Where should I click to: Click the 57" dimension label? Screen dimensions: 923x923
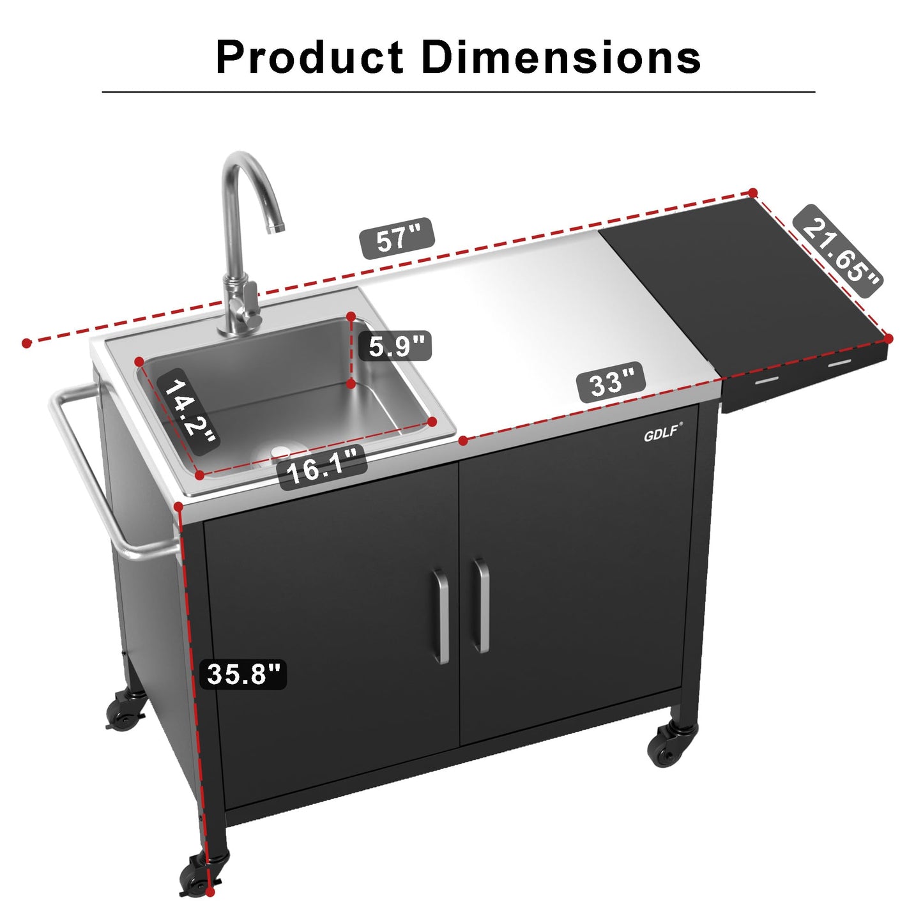pos(398,239)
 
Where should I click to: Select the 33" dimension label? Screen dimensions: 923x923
pos(611,383)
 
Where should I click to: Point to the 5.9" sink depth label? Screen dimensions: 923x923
pos(396,346)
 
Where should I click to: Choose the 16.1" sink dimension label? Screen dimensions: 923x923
pos(323,468)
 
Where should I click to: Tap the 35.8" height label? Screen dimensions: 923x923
pos(244,673)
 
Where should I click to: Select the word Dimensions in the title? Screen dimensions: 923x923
pos(561,57)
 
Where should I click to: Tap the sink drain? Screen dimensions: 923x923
pos(280,452)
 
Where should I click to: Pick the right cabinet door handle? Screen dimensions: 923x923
pos(481,606)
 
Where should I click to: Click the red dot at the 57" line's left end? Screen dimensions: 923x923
pos(27,343)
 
